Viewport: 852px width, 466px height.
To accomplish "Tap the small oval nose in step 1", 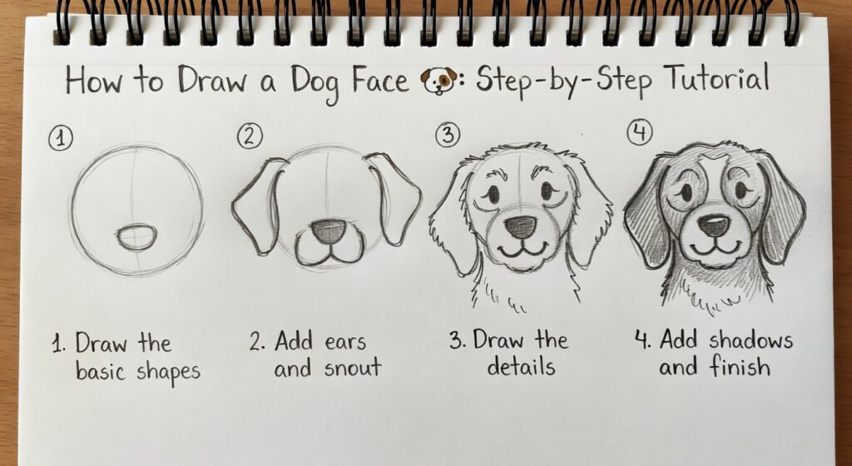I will [135, 237].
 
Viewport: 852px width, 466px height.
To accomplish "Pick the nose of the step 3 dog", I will [521, 226].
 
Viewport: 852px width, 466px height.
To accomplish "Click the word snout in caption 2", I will [349, 368].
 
